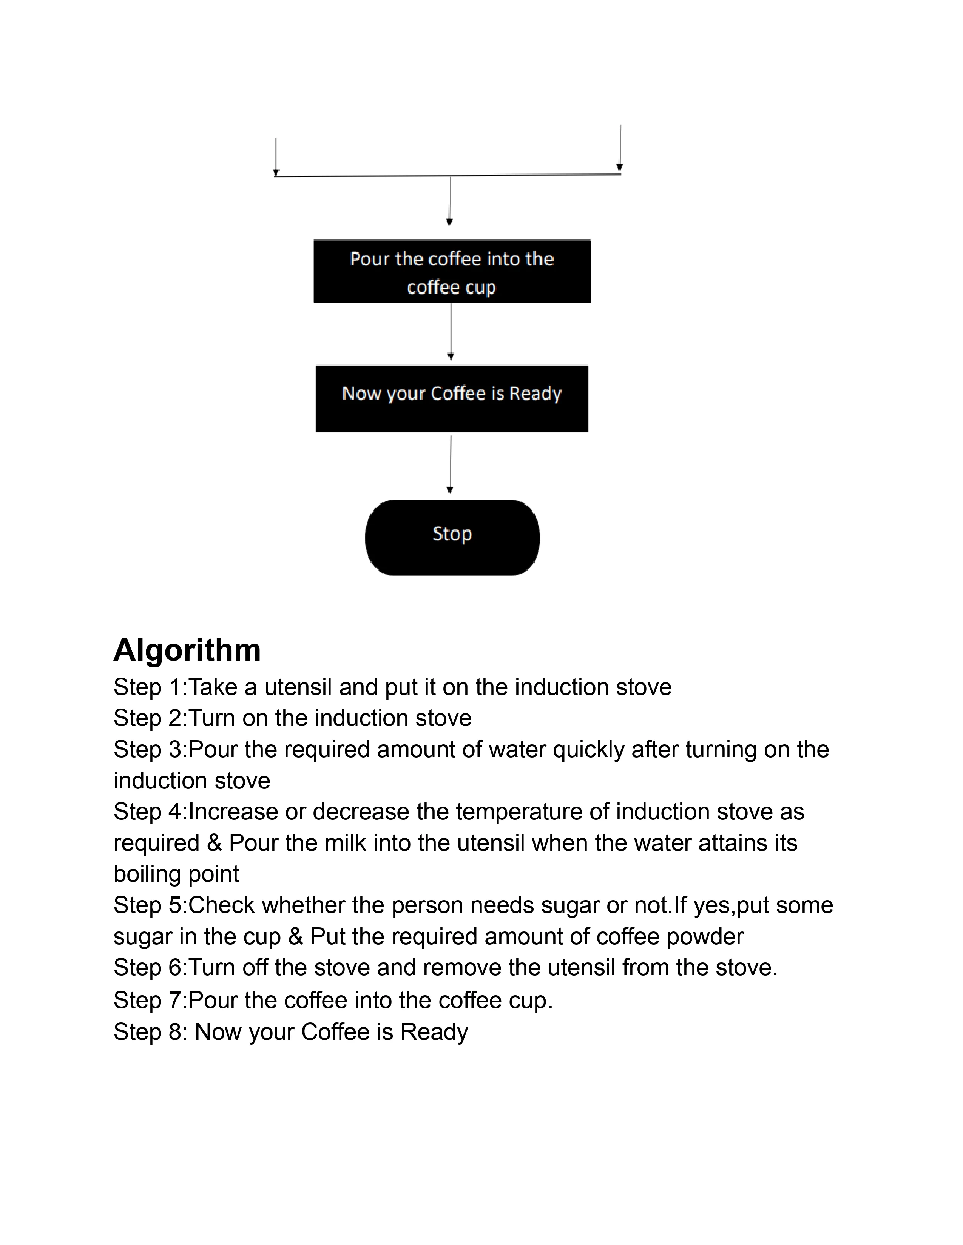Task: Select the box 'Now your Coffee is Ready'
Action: pos(451,398)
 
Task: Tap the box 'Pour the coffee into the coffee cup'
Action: pos(452,271)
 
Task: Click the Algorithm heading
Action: pos(187,650)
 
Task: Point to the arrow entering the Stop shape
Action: pos(450,464)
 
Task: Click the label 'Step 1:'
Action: pos(150,687)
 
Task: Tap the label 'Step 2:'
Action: pos(150,718)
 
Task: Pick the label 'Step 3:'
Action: pos(150,750)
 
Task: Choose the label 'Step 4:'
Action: pos(150,812)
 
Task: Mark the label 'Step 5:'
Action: pos(150,905)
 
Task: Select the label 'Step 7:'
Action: pos(150,1001)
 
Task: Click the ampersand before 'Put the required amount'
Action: pos(295,937)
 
